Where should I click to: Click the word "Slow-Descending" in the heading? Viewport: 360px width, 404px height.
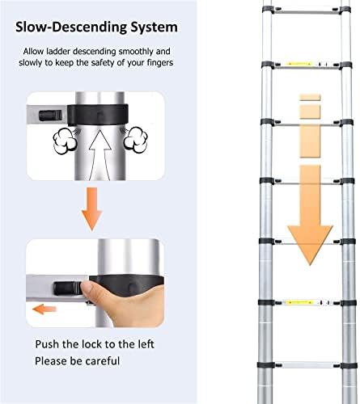[x=71, y=27]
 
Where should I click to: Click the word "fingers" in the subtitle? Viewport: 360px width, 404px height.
[x=160, y=63]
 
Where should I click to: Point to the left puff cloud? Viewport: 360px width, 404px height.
[x=66, y=141]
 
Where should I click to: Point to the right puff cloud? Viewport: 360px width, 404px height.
[x=136, y=140]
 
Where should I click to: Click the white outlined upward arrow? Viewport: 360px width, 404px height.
[x=100, y=156]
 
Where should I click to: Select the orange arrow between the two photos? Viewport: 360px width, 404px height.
[x=91, y=209]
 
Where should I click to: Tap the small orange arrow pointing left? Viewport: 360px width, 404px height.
[x=44, y=309]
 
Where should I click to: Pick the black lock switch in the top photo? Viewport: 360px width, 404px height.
[x=50, y=116]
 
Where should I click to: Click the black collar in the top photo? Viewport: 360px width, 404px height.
[x=97, y=115]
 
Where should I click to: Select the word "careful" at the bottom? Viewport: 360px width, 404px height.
[x=103, y=361]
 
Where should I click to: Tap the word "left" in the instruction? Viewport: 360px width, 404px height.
[x=146, y=344]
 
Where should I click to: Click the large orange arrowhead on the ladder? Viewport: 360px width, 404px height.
[x=310, y=245]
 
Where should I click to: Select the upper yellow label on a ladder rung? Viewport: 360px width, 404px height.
[x=299, y=64]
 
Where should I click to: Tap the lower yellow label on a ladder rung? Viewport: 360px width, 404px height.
[x=299, y=302]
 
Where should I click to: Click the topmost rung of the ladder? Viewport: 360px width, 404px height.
[x=307, y=11]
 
